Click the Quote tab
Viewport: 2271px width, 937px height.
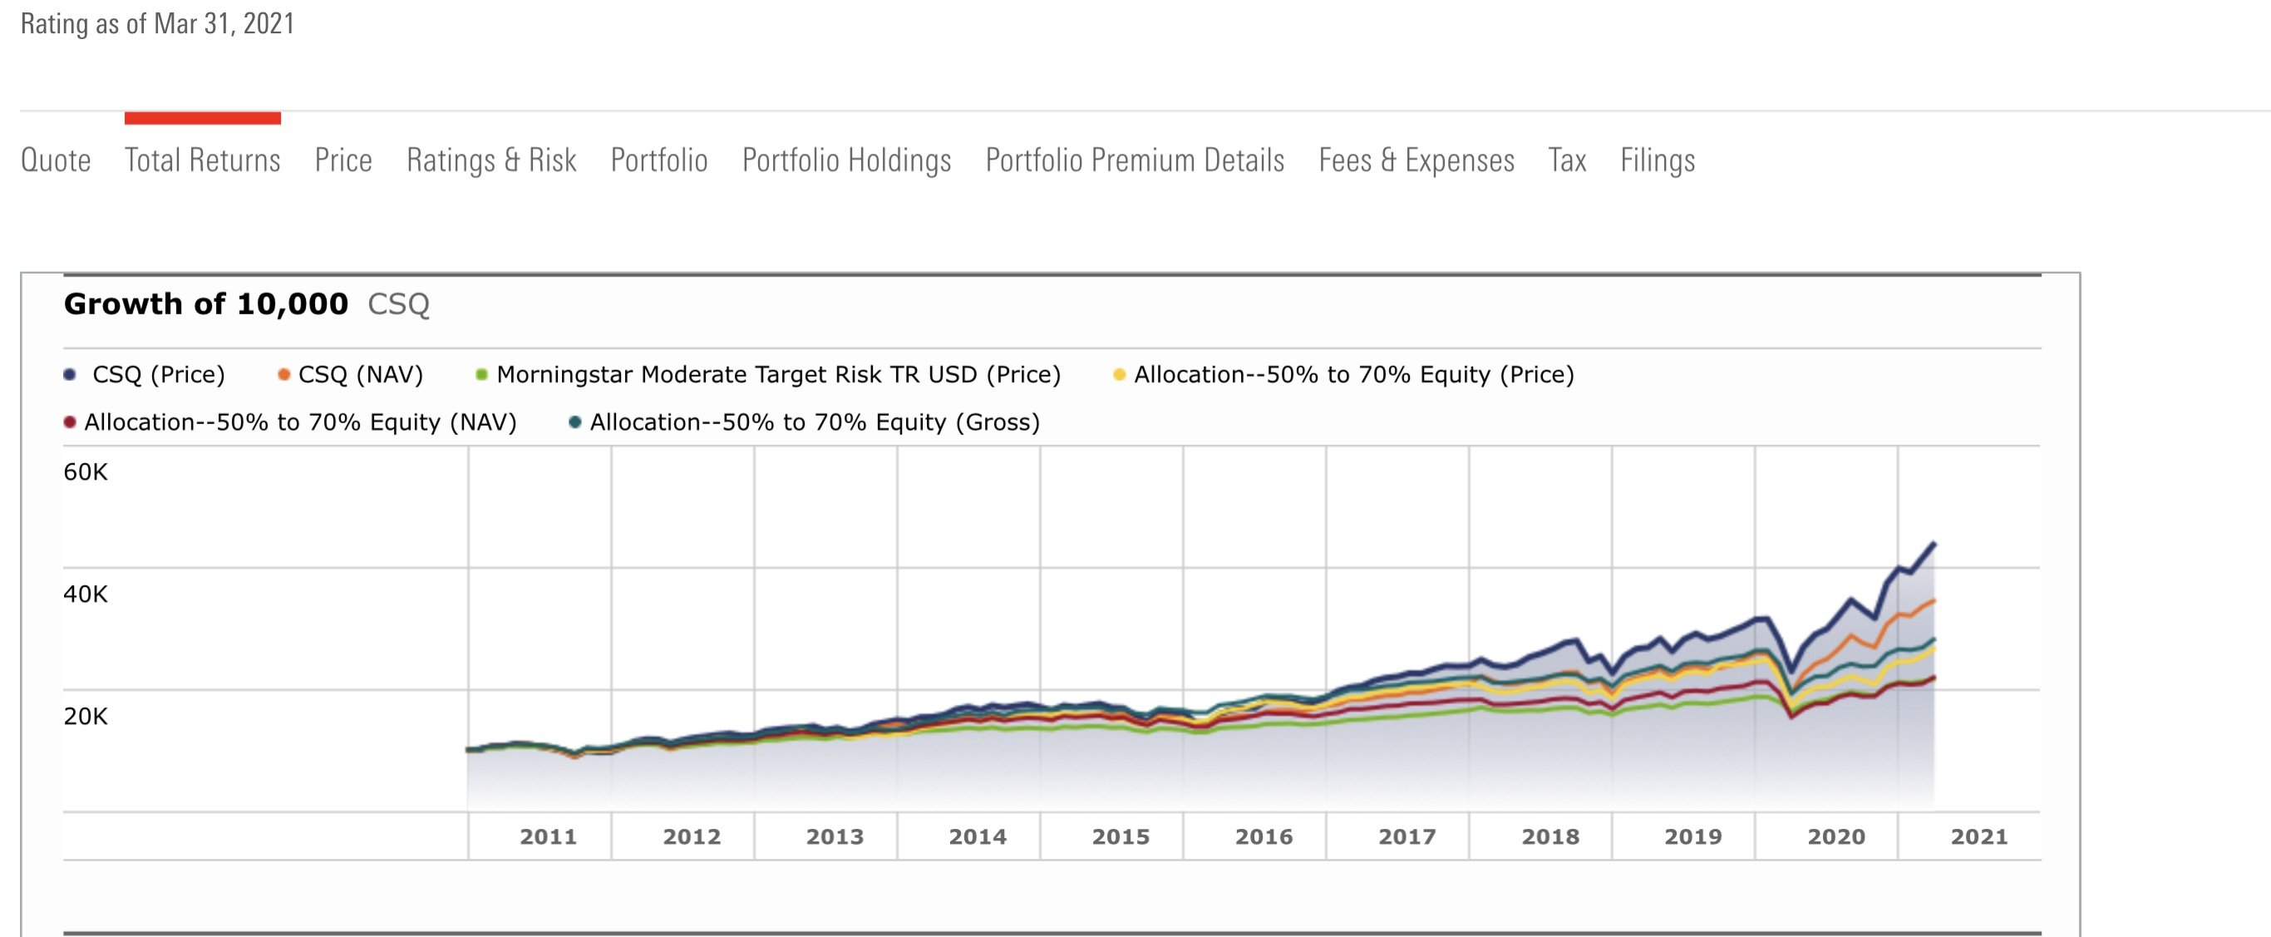coord(56,160)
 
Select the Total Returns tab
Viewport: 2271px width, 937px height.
coord(202,160)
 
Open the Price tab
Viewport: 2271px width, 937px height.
coord(343,160)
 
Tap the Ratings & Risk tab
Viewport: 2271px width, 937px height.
coord(491,160)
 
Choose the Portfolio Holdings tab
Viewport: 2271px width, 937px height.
coord(846,160)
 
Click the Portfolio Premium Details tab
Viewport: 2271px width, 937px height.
coord(1135,160)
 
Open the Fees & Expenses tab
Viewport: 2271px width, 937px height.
coord(1416,160)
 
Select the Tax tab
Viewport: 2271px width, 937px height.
coord(1567,160)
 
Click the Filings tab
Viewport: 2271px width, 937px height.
coord(1658,160)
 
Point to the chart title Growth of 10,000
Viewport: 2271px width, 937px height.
coord(206,304)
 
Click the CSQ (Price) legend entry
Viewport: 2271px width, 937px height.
coord(158,375)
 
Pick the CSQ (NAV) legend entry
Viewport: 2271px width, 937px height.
coord(360,375)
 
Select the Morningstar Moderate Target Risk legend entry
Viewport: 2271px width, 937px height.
coord(777,375)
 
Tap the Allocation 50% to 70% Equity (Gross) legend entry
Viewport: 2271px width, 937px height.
coord(814,422)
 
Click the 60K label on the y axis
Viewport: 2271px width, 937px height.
coord(86,472)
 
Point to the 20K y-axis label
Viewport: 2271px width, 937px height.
coord(86,717)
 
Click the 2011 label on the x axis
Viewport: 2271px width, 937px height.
coord(549,836)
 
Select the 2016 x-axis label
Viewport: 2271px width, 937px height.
coord(1264,836)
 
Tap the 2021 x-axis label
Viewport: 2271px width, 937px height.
coord(1978,836)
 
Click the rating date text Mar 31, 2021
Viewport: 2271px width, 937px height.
coord(224,24)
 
